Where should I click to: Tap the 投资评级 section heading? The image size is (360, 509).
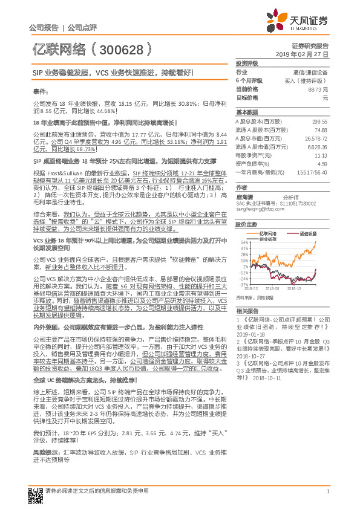247,63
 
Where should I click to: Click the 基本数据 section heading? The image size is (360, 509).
247,112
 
